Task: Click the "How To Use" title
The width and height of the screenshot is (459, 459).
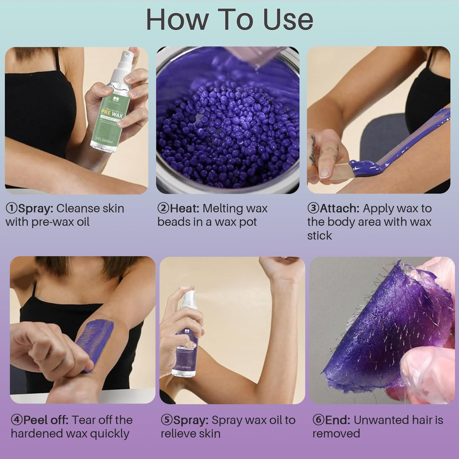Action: click(229, 20)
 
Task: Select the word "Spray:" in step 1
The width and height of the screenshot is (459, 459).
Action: click(36, 208)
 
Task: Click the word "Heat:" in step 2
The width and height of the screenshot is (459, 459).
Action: click(185, 208)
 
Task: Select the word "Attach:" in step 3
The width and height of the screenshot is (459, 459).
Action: click(339, 208)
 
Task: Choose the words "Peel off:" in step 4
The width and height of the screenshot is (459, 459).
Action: click(46, 420)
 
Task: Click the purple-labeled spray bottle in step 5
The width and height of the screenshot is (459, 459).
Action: click(185, 340)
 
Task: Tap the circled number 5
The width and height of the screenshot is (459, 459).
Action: click(167, 420)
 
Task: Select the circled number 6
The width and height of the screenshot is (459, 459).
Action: click(318, 420)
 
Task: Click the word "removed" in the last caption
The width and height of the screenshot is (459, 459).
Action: click(336, 434)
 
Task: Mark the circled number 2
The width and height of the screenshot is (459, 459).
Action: click(163, 208)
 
